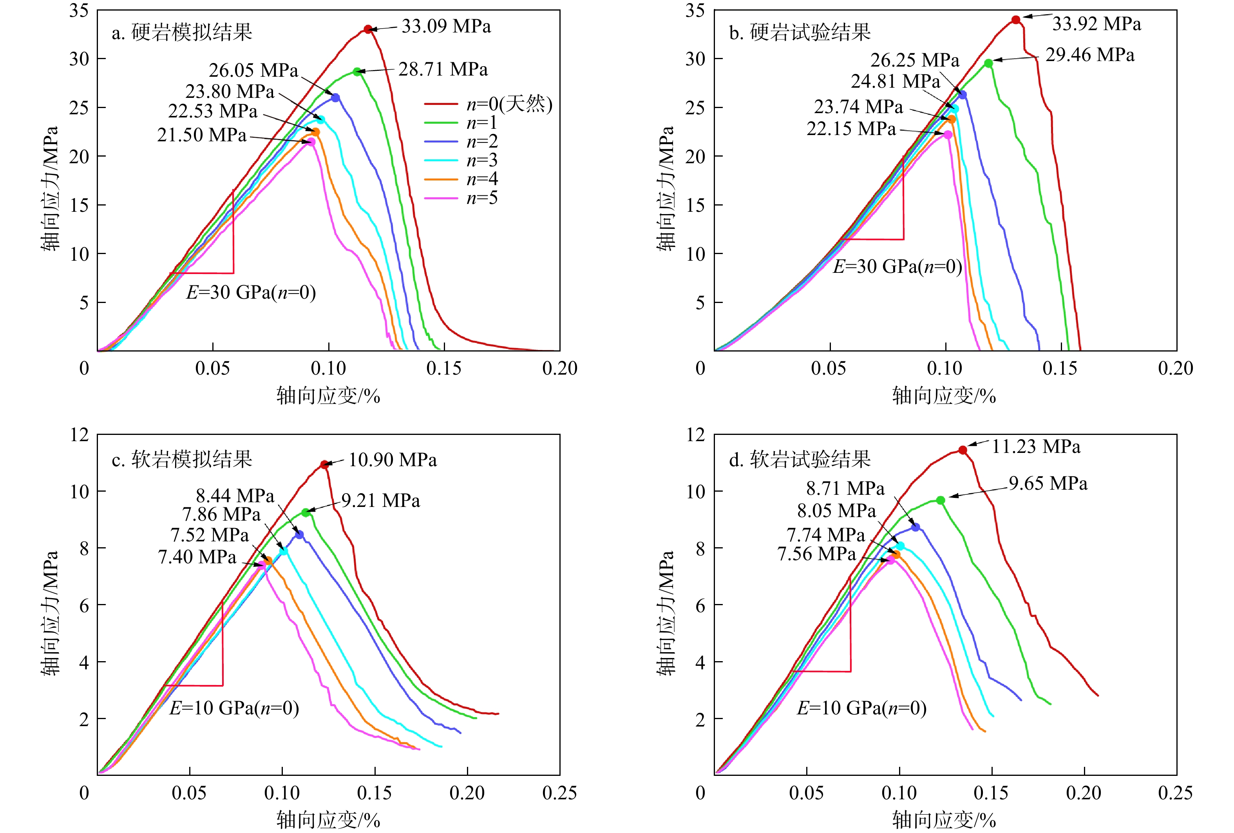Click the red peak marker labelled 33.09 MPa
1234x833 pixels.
point(368,29)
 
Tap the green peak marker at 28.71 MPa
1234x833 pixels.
point(357,72)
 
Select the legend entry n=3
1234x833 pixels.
point(461,160)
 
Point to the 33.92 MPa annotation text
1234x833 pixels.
point(1096,24)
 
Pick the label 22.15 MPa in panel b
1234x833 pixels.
point(850,129)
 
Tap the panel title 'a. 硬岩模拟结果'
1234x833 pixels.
point(182,33)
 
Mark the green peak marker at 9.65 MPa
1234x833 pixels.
point(940,500)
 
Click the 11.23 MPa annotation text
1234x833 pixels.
point(1035,447)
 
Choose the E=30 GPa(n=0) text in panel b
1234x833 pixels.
point(897,266)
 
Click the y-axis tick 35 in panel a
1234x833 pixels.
point(79,11)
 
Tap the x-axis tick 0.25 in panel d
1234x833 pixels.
point(1175,793)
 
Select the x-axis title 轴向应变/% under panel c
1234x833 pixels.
point(328,820)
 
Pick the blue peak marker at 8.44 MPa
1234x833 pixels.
point(299,535)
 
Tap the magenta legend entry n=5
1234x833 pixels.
point(461,198)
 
